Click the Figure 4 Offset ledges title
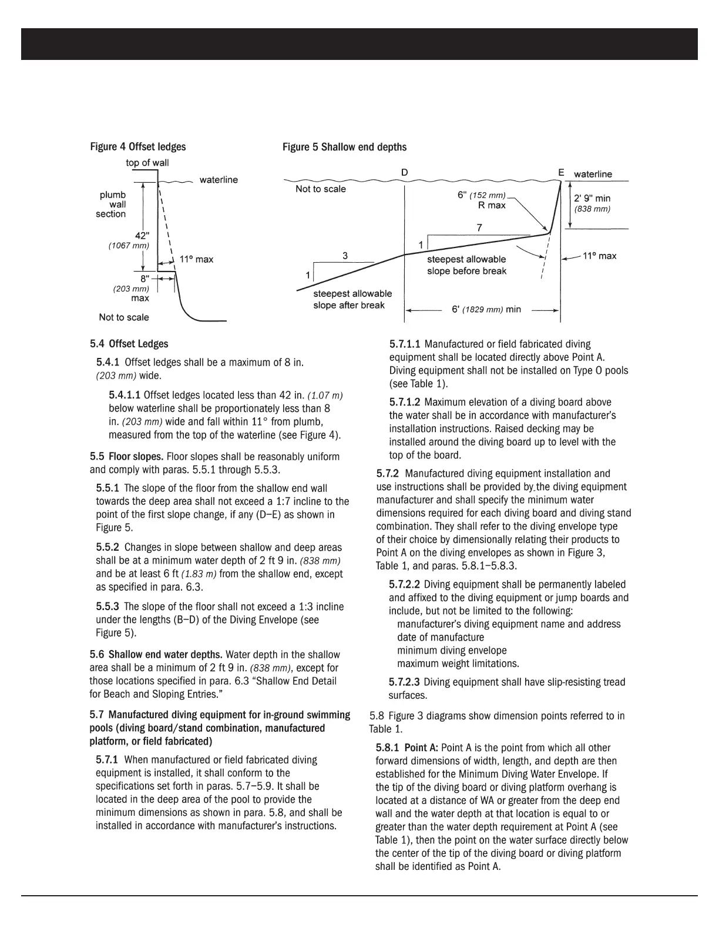click(x=137, y=147)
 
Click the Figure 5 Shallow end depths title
click(x=344, y=147)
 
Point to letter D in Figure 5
click(x=405, y=172)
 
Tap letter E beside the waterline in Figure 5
click(x=561, y=172)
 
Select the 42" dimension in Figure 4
click(x=143, y=235)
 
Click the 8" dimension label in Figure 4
click(x=145, y=279)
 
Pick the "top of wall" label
click(x=147, y=163)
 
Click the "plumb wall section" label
click(x=112, y=205)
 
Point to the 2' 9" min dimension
click(x=592, y=199)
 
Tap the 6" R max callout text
click(x=482, y=200)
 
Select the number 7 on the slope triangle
click(x=479, y=228)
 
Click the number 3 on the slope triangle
click(x=345, y=256)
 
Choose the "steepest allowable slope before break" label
click(x=466, y=265)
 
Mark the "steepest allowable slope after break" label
click(x=352, y=299)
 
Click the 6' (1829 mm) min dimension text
click(x=486, y=310)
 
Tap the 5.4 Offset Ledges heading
click(x=129, y=344)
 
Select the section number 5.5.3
click(x=107, y=607)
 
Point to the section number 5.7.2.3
click(x=404, y=682)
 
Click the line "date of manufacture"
click(x=441, y=637)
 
